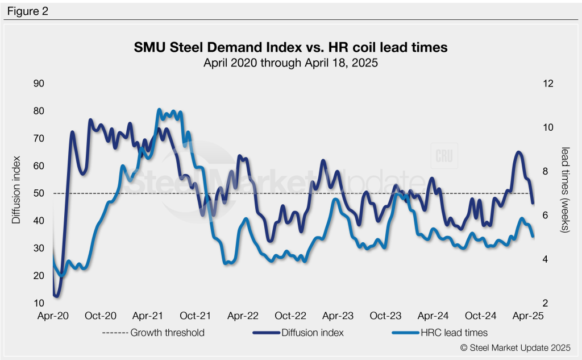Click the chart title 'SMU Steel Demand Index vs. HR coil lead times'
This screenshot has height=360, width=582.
tap(290, 48)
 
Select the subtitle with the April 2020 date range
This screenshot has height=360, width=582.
tap(290, 63)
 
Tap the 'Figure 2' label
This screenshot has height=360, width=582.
tap(28, 10)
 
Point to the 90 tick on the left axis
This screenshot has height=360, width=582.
tap(40, 84)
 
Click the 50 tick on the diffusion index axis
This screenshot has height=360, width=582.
tap(40, 193)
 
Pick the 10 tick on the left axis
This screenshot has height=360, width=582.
tap(40, 303)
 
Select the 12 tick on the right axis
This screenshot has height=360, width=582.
tap(548, 84)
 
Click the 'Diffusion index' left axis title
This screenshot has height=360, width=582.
tap(16, 189)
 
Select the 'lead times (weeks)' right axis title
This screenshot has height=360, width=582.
tap(566, 189)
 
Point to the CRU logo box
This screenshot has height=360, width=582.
tap(445, 156)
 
